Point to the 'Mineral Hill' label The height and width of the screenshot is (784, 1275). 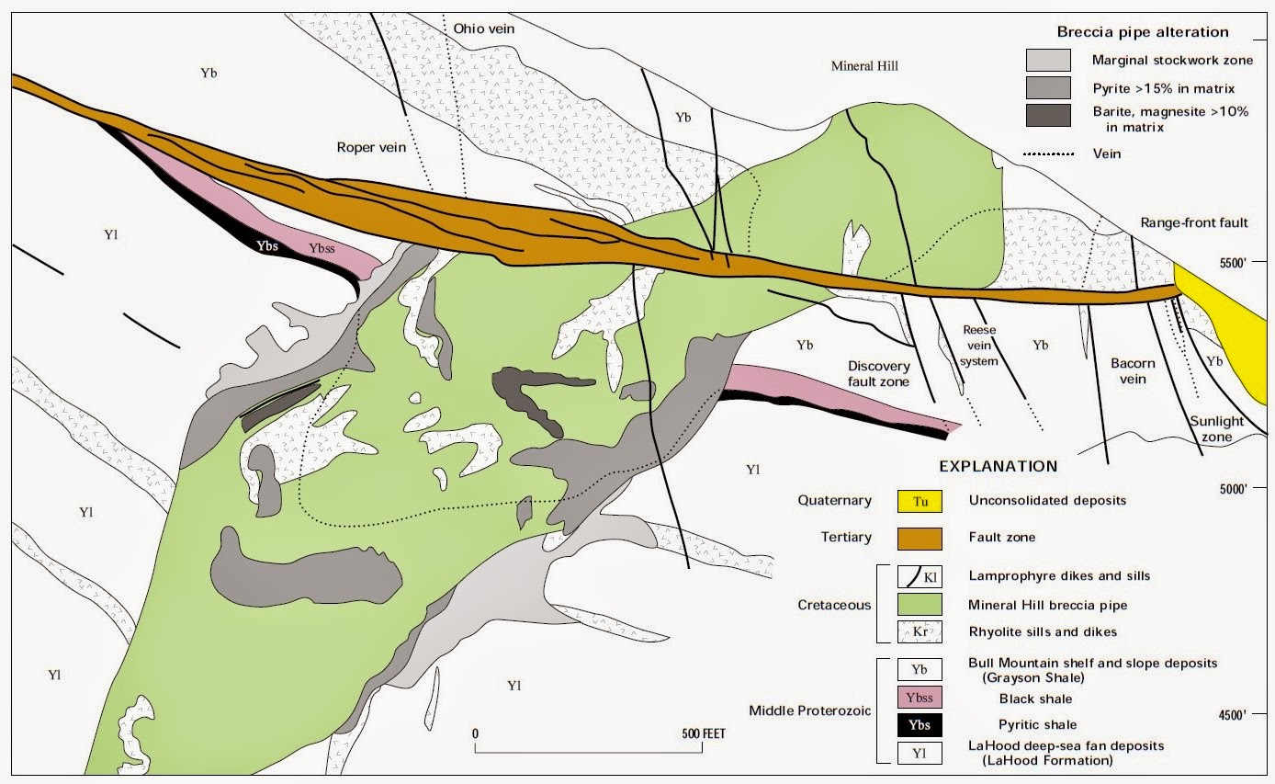pos(863,66)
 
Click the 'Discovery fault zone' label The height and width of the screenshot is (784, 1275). pos(878,374)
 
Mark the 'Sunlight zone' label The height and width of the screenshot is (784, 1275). pos(1217,429)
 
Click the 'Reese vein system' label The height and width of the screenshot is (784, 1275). pos(979,345)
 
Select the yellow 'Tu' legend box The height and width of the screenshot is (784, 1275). pos(920,501)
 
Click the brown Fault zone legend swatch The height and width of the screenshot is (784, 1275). pos(920,538)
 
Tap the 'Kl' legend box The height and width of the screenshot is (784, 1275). pos(920,576)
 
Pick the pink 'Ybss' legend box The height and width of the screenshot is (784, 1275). pos(920,698)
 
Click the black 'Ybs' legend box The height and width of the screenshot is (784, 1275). pos(920,724)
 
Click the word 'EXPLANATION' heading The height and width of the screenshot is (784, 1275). pos(997,466)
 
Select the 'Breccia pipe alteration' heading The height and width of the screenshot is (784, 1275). pos(1142,32)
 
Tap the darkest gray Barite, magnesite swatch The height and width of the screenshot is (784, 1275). pos(1048,115)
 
